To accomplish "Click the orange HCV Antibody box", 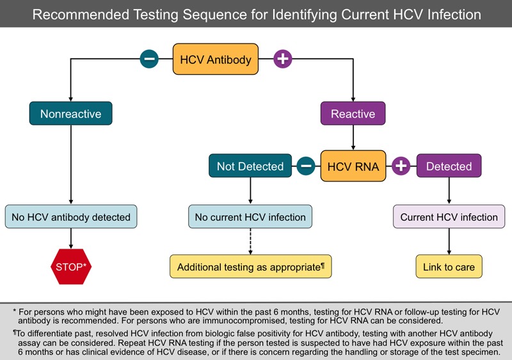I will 216,59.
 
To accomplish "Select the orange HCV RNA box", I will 353,166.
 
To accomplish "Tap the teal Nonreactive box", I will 70,114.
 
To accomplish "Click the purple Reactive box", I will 353,114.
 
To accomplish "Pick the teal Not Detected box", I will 250,166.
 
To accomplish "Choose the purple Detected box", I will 449,166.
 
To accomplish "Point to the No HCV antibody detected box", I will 70,217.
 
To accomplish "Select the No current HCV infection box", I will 250,217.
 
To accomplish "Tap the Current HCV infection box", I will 449,217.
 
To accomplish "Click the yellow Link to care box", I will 449,267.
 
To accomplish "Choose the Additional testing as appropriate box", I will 250,267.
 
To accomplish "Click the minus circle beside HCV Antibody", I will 149,59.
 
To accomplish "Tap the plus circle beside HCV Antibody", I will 282,59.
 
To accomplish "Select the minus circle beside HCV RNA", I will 305,166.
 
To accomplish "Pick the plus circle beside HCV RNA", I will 401,166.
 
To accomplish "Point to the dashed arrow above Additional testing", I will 250,241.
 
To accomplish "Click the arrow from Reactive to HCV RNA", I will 353,137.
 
